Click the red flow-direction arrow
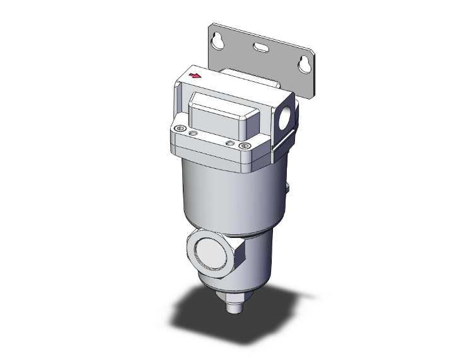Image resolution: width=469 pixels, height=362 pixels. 197,76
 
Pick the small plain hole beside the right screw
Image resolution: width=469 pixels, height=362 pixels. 231,144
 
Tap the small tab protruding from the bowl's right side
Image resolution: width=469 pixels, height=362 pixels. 287,188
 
